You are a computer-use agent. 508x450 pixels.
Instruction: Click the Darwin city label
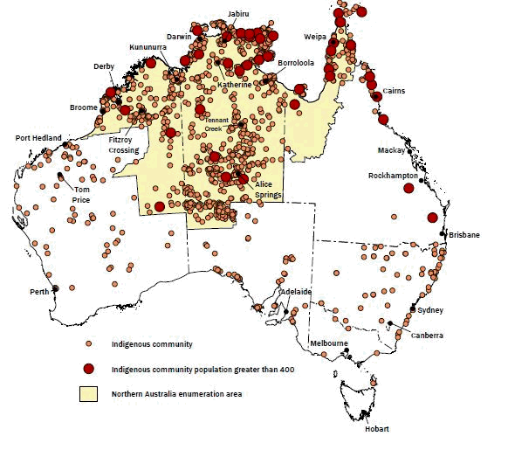179,37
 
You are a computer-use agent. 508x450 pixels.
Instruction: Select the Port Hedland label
39,138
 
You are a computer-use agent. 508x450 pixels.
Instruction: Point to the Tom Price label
82,194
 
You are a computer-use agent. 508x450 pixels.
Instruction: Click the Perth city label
38,291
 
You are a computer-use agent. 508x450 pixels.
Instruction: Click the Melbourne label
331,343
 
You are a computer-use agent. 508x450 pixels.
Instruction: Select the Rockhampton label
395,176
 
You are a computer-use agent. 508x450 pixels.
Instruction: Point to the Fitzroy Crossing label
123,144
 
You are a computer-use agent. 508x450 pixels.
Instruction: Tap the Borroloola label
293,64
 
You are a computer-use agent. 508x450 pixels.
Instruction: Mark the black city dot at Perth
55,288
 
